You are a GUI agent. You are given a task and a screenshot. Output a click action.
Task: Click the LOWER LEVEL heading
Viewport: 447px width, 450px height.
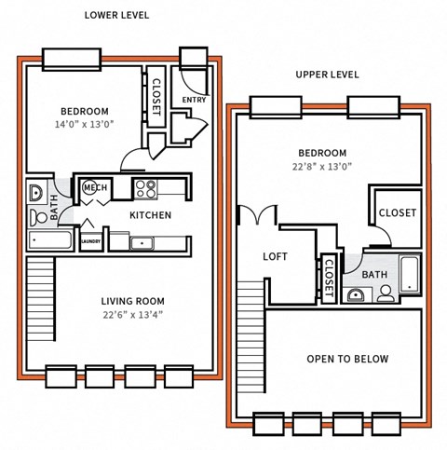click(x=115, y=16)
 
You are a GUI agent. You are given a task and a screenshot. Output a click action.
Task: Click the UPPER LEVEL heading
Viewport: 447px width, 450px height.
click(x=327, y=75)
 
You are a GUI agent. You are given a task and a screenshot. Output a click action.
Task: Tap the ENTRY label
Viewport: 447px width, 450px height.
click(x=195, y=100)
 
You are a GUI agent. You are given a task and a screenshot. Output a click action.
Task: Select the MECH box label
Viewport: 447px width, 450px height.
click(x=95, y=188)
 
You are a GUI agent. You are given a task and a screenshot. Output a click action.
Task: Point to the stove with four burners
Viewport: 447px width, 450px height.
click(x=146, y=189)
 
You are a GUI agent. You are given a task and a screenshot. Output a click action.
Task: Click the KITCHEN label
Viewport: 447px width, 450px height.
click(x=149, y=215)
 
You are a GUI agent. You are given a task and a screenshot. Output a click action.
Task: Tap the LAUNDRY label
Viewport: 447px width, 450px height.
click(x=90, y=242)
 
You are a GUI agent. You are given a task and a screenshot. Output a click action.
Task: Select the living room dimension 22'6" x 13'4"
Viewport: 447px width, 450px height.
click(x=132, y=314)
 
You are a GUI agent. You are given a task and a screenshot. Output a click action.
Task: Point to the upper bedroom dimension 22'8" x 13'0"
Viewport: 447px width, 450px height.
click(x=322, y=167)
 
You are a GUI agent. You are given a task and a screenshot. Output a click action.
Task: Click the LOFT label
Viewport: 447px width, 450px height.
click(x=276, y=256)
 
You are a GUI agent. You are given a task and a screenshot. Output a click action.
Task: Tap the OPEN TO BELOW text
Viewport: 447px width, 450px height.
click(x=347, y=359)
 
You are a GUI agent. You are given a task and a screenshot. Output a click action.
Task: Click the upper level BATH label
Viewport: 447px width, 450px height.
click(x=374, y=275)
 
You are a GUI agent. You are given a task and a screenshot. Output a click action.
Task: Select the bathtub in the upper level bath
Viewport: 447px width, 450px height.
click(x=411, y=273)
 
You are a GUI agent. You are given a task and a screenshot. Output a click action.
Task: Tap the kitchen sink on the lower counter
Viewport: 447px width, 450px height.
click(x=142, y=243)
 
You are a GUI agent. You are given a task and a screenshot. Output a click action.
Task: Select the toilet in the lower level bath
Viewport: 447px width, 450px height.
click(x=38, y=217)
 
